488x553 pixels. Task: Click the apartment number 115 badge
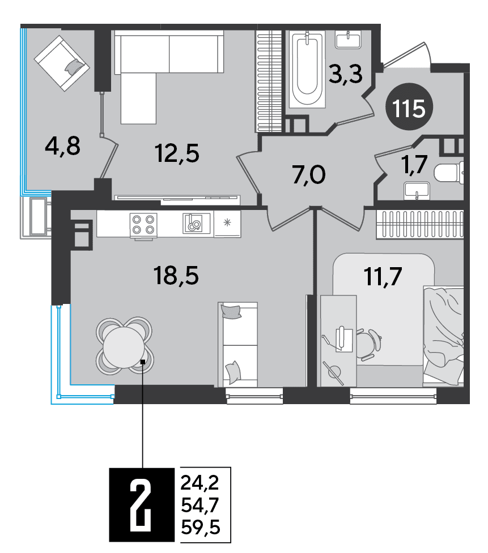[409, 107]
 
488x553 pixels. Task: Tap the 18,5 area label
[176, 276]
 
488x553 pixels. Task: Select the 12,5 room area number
[177, 153]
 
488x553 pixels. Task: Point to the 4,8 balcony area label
[62, 147]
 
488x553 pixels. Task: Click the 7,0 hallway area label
[309, 175]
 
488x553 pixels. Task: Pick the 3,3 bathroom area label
[345, 74]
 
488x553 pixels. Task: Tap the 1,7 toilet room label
[414, 164]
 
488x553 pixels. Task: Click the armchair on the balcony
[62, 63]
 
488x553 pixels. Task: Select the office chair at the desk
[370, 345]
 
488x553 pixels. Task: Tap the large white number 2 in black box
[141, 504]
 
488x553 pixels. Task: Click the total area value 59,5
[201, 528]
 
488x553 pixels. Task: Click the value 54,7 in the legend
[200, 505]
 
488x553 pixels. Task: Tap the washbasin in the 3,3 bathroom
[348, 39]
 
